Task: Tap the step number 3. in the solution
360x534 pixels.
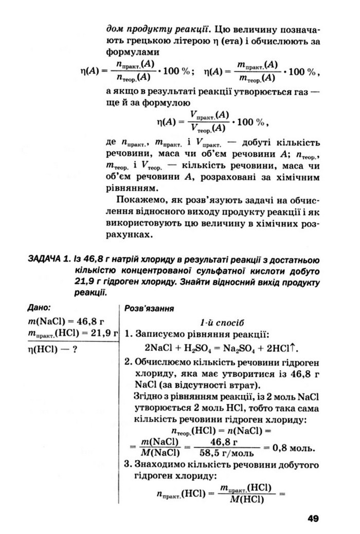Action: coord(129,465)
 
